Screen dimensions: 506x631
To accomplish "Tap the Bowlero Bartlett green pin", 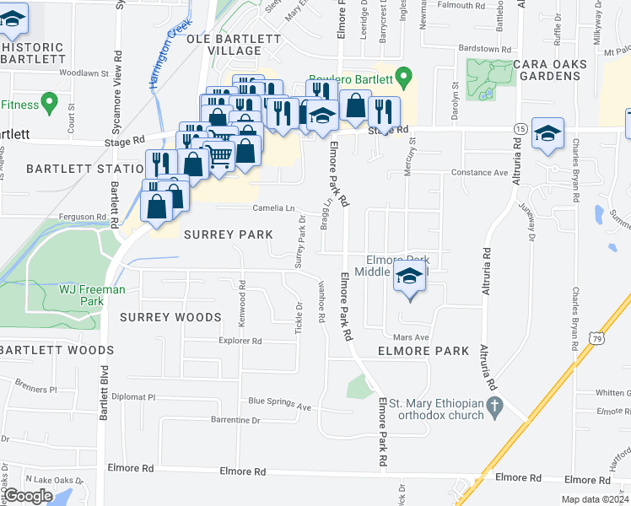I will pyautogui.click(x=404, y=79).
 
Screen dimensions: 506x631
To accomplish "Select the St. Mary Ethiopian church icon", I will pyautogui.click(x=497, y=406).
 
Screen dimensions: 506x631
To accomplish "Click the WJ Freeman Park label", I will pyautogui.click(x=92, y=295).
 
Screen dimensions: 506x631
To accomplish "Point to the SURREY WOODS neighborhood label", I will pyautogui.click(x=170, y=317).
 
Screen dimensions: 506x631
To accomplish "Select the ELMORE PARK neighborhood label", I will pyautogui.click(x=423, y=350).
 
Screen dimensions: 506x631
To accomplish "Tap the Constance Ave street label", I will pyautogui.click(x=479, y=172).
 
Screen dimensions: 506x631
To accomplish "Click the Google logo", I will pyautogui.click(x=28, y=495).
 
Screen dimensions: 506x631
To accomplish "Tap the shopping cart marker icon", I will pyautogui.click(x=218, y=155).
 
